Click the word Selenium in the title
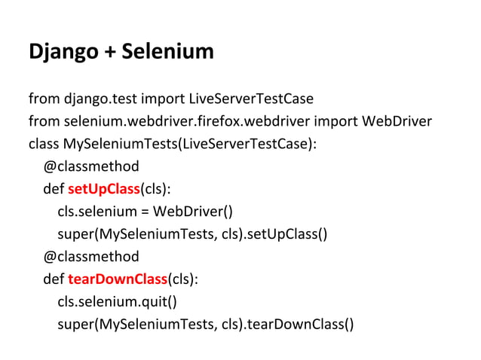click(168, 52)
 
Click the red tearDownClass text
click(117, 279)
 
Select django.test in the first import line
click(96, 99)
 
